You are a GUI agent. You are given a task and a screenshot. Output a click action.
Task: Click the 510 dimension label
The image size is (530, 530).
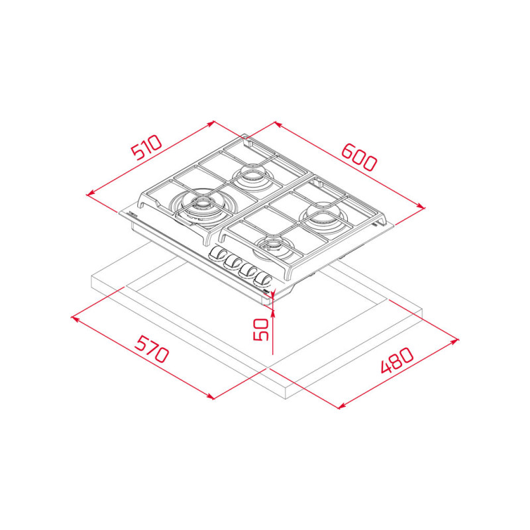(146, 147)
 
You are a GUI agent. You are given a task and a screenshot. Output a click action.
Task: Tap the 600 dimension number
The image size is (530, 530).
(358, 158)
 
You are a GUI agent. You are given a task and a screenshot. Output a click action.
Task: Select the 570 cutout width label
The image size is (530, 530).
(152, 349)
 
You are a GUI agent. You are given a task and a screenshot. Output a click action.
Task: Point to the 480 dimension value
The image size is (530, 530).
(397, 360)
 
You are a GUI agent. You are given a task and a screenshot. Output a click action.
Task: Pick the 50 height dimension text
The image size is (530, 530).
(260, 329)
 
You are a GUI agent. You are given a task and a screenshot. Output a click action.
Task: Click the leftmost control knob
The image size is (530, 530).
(217, 253)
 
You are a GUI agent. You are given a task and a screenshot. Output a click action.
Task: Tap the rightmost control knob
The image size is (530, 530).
(263, 279)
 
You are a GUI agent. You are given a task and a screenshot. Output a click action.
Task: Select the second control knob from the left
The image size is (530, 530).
(233, 261)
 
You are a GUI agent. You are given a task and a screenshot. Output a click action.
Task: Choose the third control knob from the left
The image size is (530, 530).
(248, 270)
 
